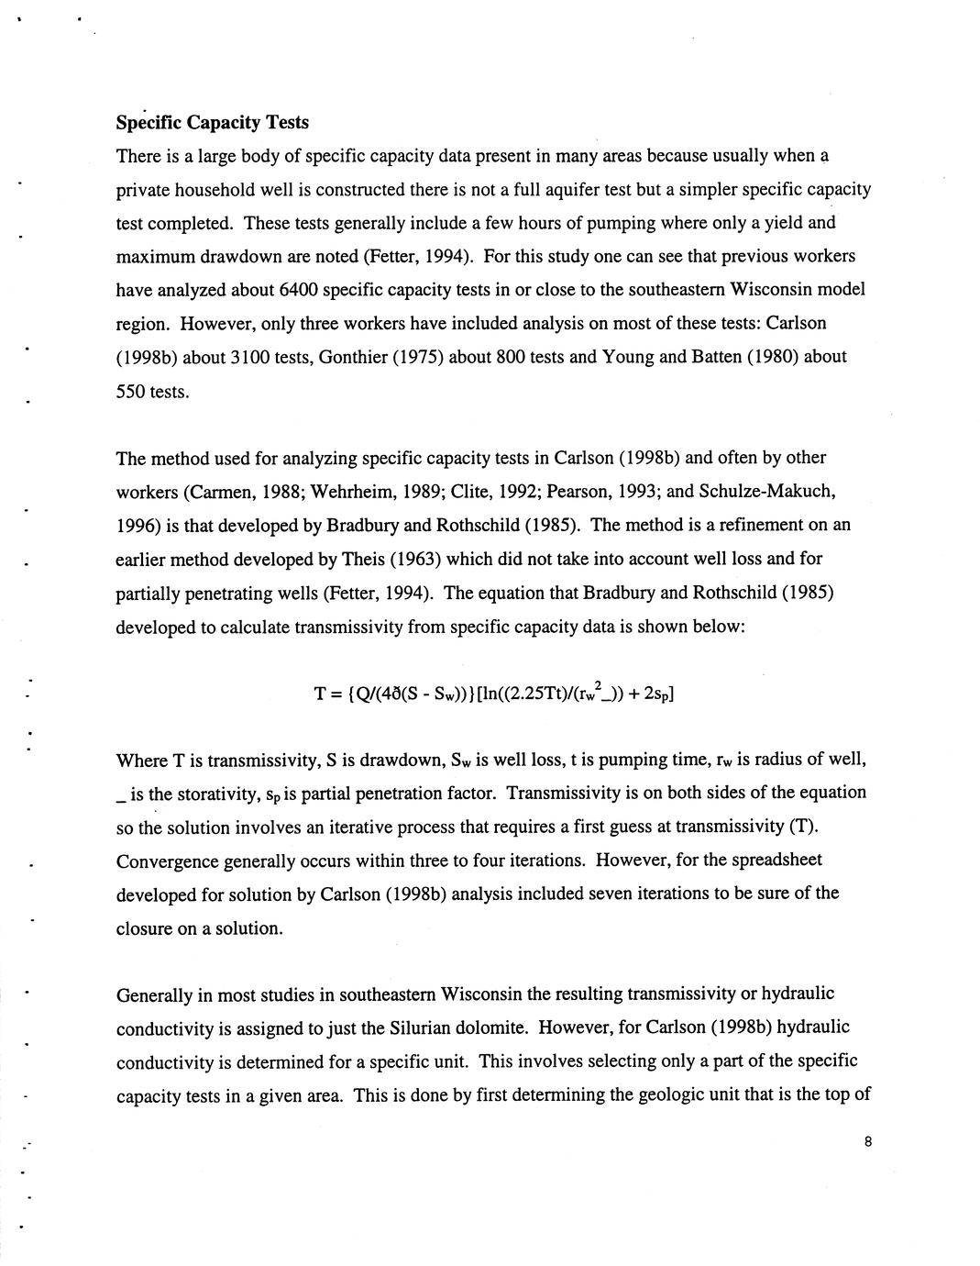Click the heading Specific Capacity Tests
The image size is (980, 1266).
tap(212, 122)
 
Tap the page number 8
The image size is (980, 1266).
tap(866, 1142)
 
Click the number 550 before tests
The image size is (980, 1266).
tap(130, 392)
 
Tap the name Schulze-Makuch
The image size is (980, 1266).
tap(766, 491)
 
